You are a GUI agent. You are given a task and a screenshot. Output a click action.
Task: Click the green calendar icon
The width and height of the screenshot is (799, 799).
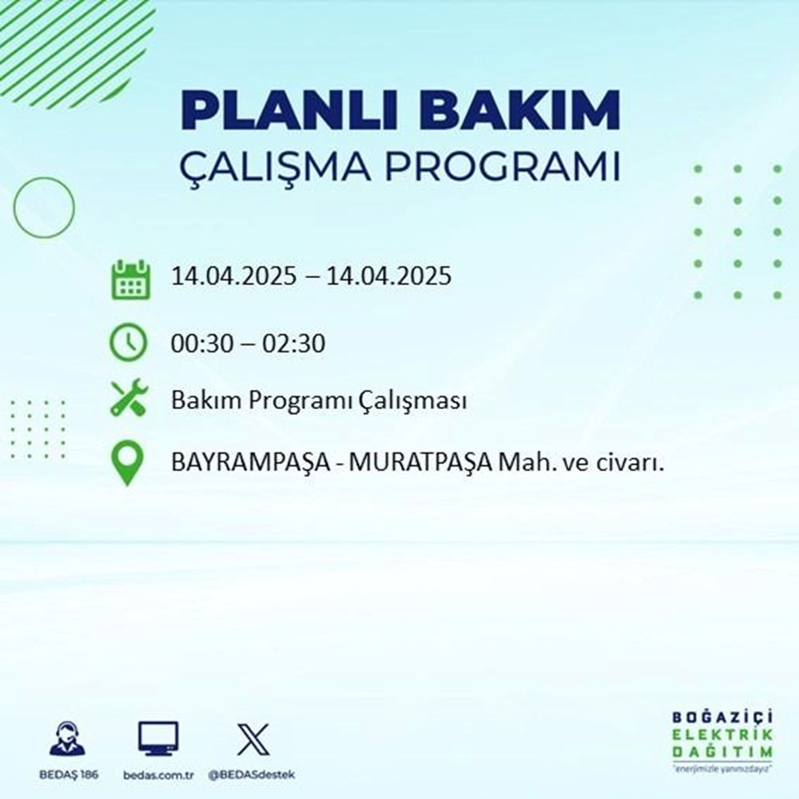pyautogui.click(x=129, y=279)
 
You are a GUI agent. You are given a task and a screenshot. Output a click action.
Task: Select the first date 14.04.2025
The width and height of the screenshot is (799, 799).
pyautogui.click(x=231, y=276)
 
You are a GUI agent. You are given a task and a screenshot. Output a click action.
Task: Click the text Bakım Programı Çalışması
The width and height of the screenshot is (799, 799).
pyautogui.click(x=319, y=402)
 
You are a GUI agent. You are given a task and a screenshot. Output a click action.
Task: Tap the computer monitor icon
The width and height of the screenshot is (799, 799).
pyautogui.click(x=157, y=739)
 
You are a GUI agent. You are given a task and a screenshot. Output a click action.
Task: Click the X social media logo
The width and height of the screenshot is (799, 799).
pyautogui.click(x=253, y=739)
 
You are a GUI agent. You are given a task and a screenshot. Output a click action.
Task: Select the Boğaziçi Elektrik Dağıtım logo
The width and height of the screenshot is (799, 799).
pyautogui.click(x=723, y=740)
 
